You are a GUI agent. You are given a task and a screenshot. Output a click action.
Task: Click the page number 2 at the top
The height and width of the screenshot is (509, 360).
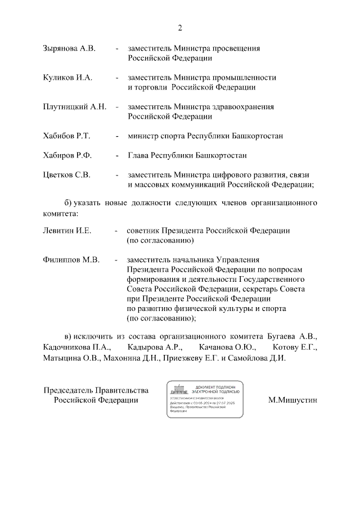(x=180, y=28)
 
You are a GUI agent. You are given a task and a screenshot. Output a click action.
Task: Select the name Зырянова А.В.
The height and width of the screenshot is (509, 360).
(x=69, y=48)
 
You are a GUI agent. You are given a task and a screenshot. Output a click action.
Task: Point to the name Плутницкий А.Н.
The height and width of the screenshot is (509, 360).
(x=74, y=107)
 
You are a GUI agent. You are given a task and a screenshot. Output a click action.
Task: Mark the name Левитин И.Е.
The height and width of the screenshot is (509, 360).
(x=67, y=231)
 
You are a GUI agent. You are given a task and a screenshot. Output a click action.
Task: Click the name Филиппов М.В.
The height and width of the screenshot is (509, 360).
(x=71, y=260)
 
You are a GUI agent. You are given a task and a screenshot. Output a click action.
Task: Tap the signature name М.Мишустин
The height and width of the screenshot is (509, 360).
(x=293, y=400)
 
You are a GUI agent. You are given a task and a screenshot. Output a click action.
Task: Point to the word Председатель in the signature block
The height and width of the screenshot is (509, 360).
(x=71, y=390)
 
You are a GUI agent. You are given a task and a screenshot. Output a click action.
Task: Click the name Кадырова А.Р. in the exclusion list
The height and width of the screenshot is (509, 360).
(x=151, y=347)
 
